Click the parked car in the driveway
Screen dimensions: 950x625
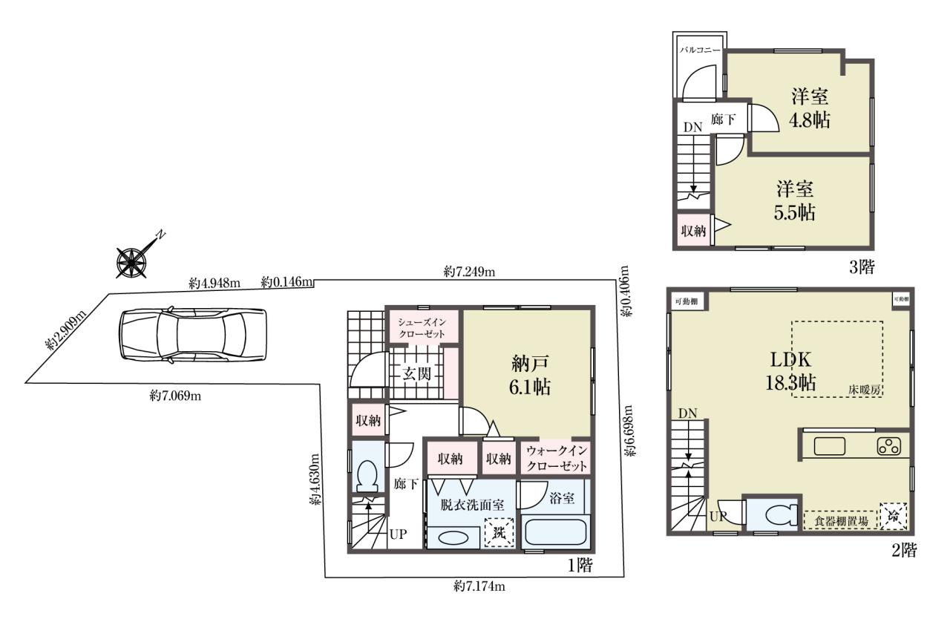(x=194, y=335)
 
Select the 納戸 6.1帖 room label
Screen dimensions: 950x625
(x=530, y=376)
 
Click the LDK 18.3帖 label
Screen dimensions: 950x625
(x=790, y=370)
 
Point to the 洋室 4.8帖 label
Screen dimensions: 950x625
(x=809, y=108)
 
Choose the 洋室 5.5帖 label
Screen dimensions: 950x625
(x=794, y=200)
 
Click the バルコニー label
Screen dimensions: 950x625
(x=700, y=50)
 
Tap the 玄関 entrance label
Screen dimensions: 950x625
(x=416, y=374)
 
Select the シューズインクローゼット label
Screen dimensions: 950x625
(x=422, y=328)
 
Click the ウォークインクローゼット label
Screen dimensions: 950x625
(x=557, y=459)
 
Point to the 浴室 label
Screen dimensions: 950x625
(x=562, y=498)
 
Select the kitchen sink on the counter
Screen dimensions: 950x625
(x=830, y=447)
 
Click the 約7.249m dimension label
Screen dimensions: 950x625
(x=470, y=272)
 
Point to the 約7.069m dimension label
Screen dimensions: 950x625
(x=175, y=396)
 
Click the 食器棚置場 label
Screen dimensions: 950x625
(x=842, y=521)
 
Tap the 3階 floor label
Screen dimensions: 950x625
(x=862, y=267)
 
